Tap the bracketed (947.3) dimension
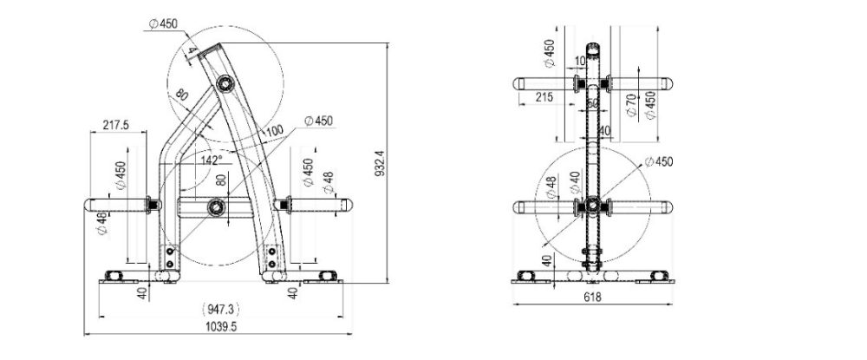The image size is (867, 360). tap(221, 308)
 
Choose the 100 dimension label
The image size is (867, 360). tap(274, 131)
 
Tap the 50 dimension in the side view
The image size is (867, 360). tap(593, 102)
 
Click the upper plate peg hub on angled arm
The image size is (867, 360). tap(225, 83)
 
